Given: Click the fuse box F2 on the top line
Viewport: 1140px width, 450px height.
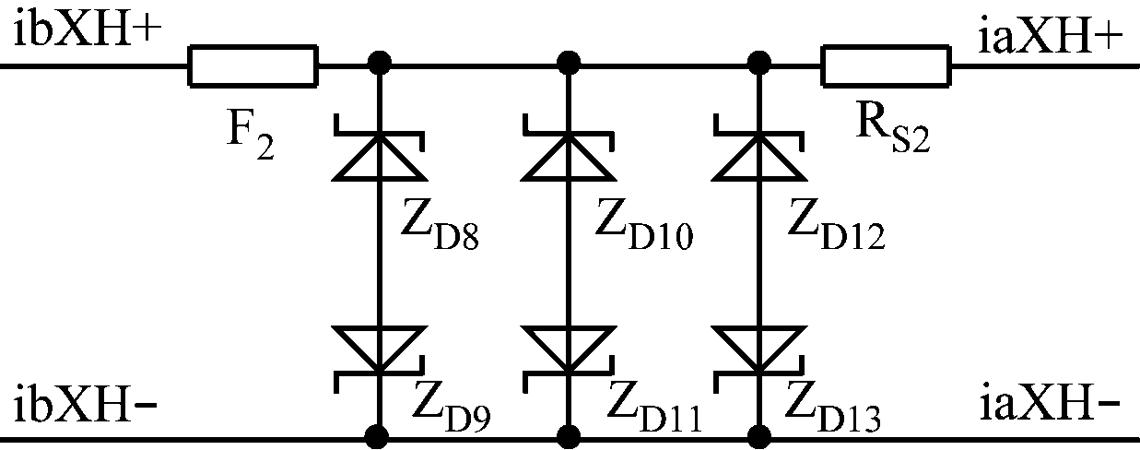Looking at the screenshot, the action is click(x=253, y=66).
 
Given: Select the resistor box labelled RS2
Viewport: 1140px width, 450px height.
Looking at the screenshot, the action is click(x=886, y=66).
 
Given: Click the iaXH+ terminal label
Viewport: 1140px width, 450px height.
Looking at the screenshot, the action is click(x=1051, y=38).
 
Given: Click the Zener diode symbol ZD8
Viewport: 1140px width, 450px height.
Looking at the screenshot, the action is click(x=379, y=148).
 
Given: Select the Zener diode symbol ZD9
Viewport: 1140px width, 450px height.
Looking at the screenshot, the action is click(x=379, y=360).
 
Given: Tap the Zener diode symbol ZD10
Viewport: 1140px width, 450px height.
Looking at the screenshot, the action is click(x=569, y=148).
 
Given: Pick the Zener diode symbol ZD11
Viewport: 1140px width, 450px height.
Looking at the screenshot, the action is click(x=569, y=360).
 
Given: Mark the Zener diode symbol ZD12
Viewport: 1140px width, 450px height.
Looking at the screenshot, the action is click(x=759, y=148).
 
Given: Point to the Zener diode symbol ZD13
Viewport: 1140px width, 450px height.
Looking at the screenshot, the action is click(x=759, y=360).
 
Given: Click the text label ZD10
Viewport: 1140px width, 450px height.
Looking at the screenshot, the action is click(x=644, y=224).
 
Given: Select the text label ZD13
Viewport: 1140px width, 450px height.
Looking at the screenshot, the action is click(x=833, y=408).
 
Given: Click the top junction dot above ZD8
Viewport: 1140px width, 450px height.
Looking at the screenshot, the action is click(x=379, y=64).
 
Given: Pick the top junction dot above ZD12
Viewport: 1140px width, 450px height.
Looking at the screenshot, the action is click(x=759, y=64).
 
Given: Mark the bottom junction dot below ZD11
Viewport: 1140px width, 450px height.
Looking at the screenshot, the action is click(x=569, y=437).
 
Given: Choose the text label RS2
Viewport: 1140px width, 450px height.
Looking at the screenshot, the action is click(x=893, y=130).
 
